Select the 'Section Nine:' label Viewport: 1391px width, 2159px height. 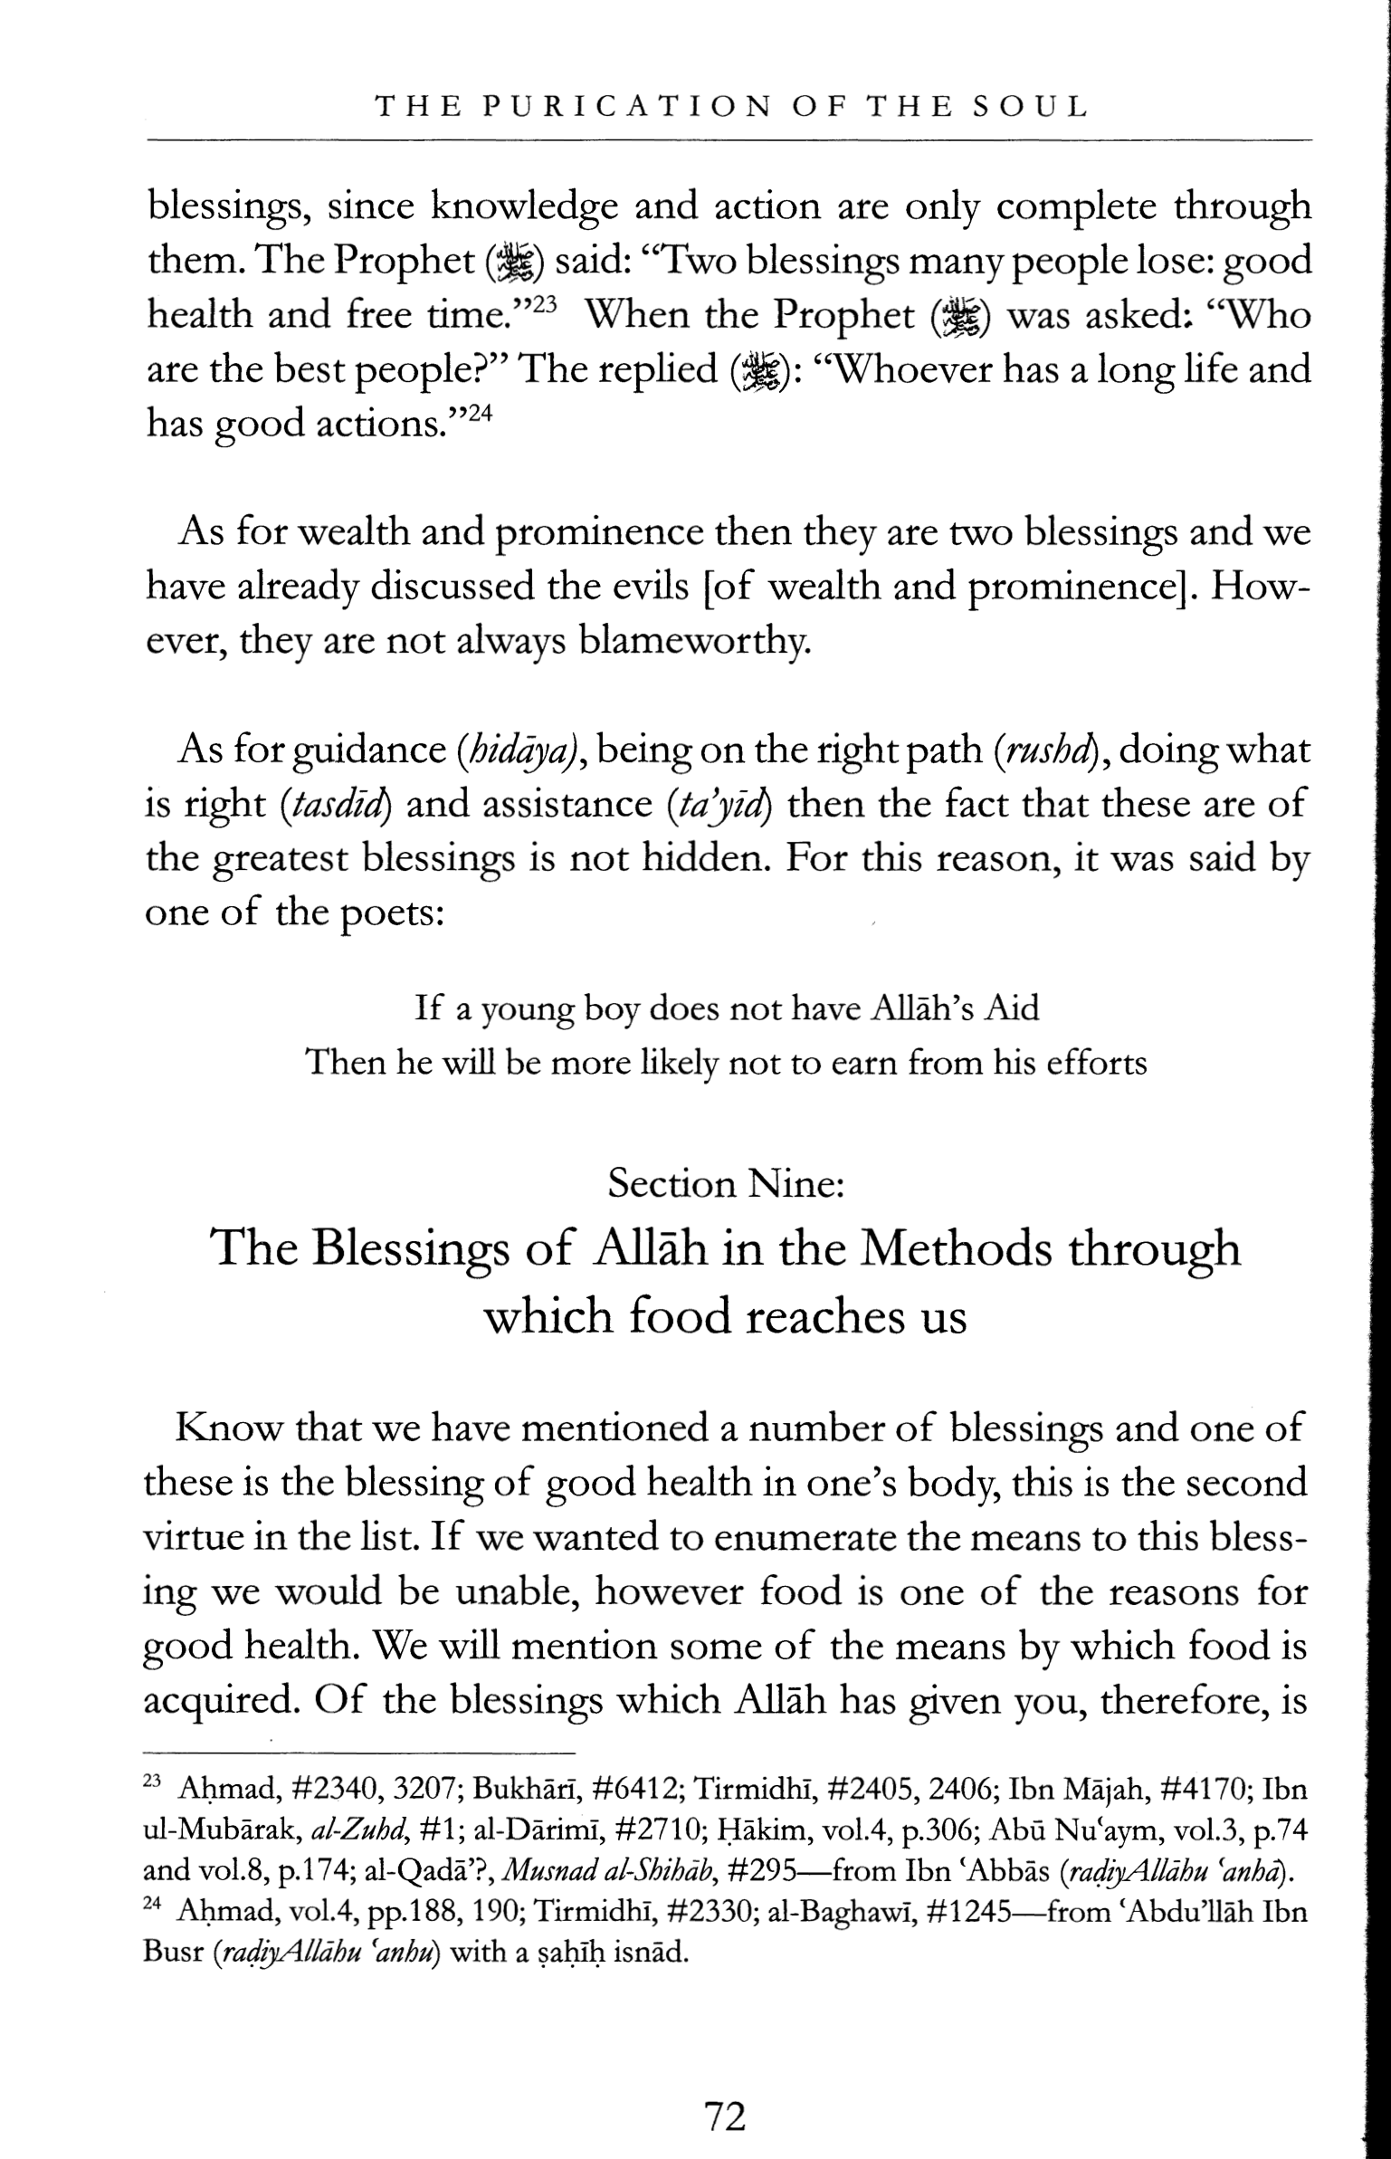click(726, 1183)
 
